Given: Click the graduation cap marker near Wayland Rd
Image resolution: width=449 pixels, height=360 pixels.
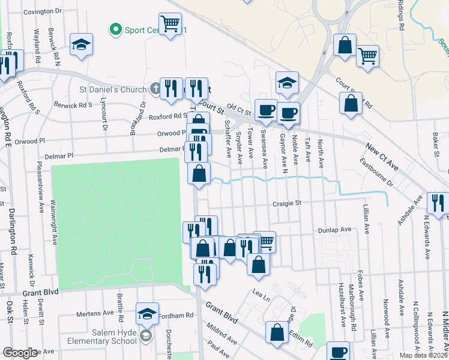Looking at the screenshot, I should point(81,45).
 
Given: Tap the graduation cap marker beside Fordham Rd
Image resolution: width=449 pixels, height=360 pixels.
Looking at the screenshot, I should point(146,313).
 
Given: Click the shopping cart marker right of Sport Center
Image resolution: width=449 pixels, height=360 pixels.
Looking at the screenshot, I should point(171,24).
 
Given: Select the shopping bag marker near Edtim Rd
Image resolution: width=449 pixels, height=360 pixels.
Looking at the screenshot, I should point(277,332).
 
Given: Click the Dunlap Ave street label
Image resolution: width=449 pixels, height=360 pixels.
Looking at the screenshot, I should point(337,229).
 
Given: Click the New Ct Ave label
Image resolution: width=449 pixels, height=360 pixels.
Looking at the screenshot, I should point(382,155).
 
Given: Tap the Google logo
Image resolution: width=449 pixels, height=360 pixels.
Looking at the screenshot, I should point(20,353).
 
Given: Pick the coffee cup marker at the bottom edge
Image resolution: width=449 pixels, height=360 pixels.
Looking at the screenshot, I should point(338,352).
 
